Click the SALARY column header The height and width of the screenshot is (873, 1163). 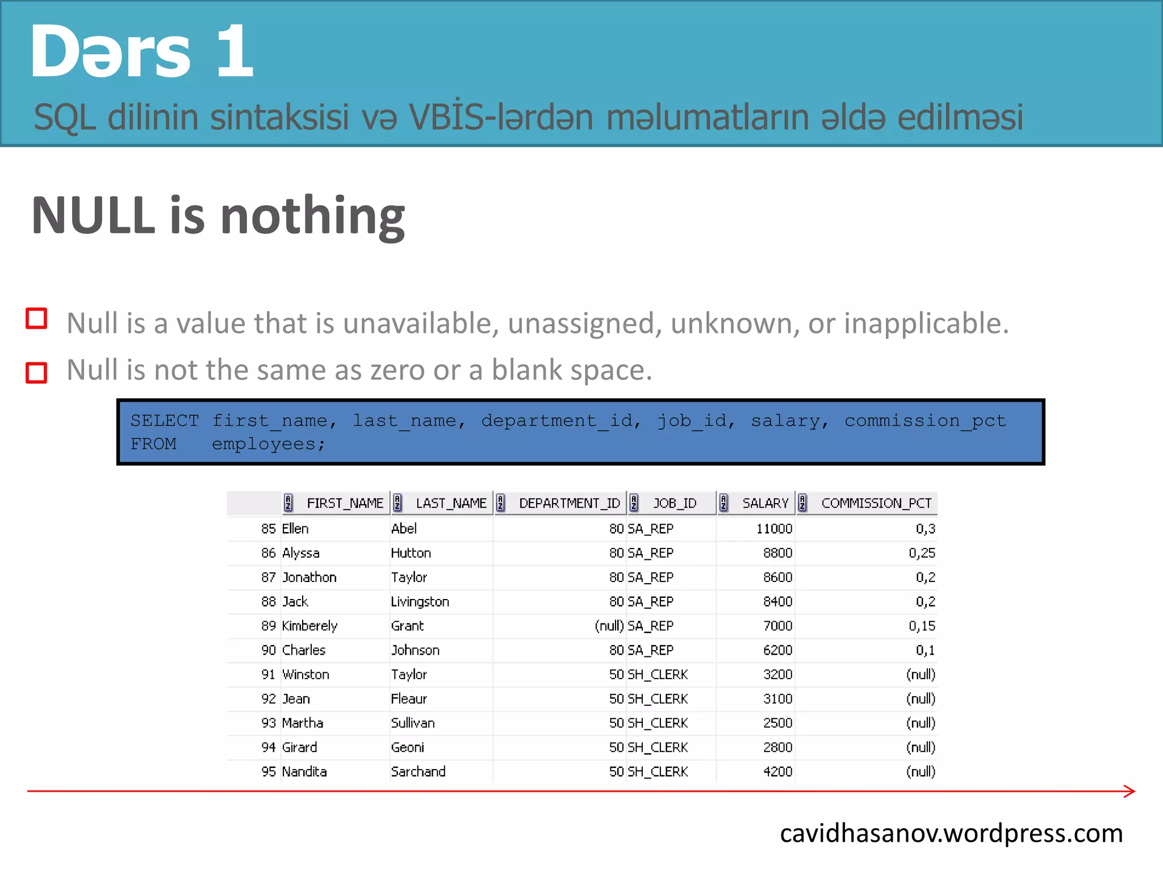(x=765, y=503)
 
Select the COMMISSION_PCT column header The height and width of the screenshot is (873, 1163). (x=876, y=503)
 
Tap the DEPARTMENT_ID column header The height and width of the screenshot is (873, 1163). (x=569, y=503)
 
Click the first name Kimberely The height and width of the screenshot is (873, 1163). (x=309, y=626)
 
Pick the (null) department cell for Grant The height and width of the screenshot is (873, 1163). (x=609, y=626)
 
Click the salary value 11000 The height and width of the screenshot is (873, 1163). (x=773, y=529)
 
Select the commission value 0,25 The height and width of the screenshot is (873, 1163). (x=921, y=553)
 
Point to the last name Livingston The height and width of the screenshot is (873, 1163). (x=420, y=601)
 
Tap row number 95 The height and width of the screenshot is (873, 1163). (x=268, y=771)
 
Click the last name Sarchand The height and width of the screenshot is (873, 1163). (x=418, y=771)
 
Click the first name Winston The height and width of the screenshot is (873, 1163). (x=306, y=675)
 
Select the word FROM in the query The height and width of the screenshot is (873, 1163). (x=153, y=444)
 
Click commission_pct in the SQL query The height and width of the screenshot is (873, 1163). (x=924, y=421)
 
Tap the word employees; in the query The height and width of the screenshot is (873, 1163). (x=269, y=444)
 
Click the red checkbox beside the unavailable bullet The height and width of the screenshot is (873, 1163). (x=37, y=319)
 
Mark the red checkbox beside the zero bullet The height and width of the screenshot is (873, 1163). (x=37, y=373)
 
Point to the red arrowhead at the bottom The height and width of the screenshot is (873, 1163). (x=1129, y=791)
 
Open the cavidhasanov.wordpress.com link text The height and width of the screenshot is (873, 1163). (x=951, y=833)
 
